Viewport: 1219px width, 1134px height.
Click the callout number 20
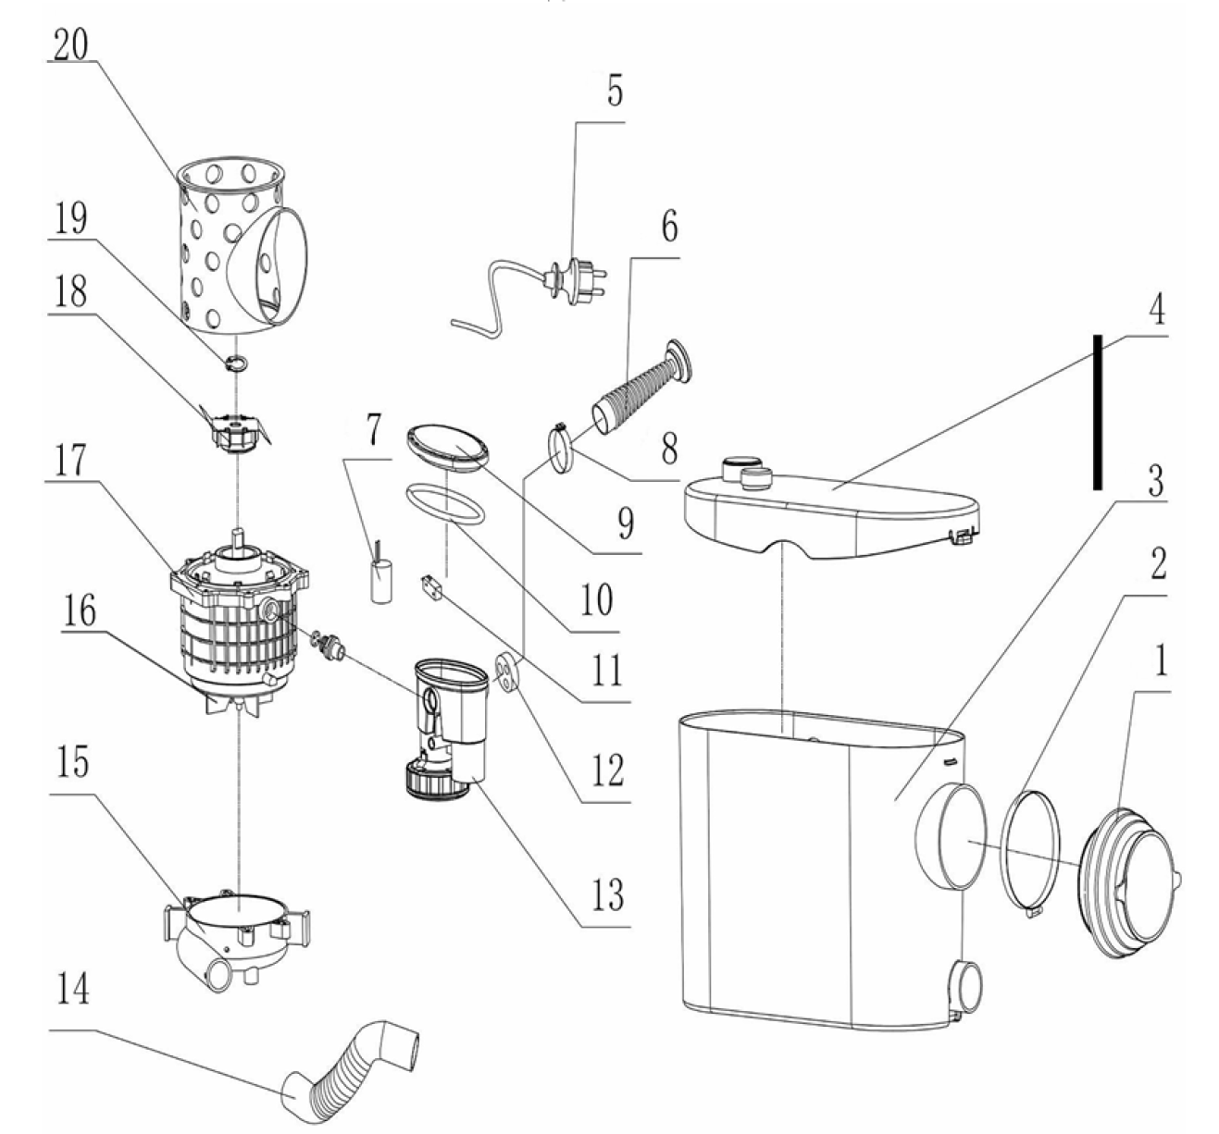[x=70, y=43]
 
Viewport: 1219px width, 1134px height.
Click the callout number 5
[x=615, y=90]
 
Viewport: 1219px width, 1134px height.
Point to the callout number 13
[x=607, y=894]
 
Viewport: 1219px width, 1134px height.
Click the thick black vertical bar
[x=1097, y=412]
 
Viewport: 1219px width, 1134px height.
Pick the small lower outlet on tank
[x=966, y=985]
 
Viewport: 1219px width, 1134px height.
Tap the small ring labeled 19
[x=236, y=364]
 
